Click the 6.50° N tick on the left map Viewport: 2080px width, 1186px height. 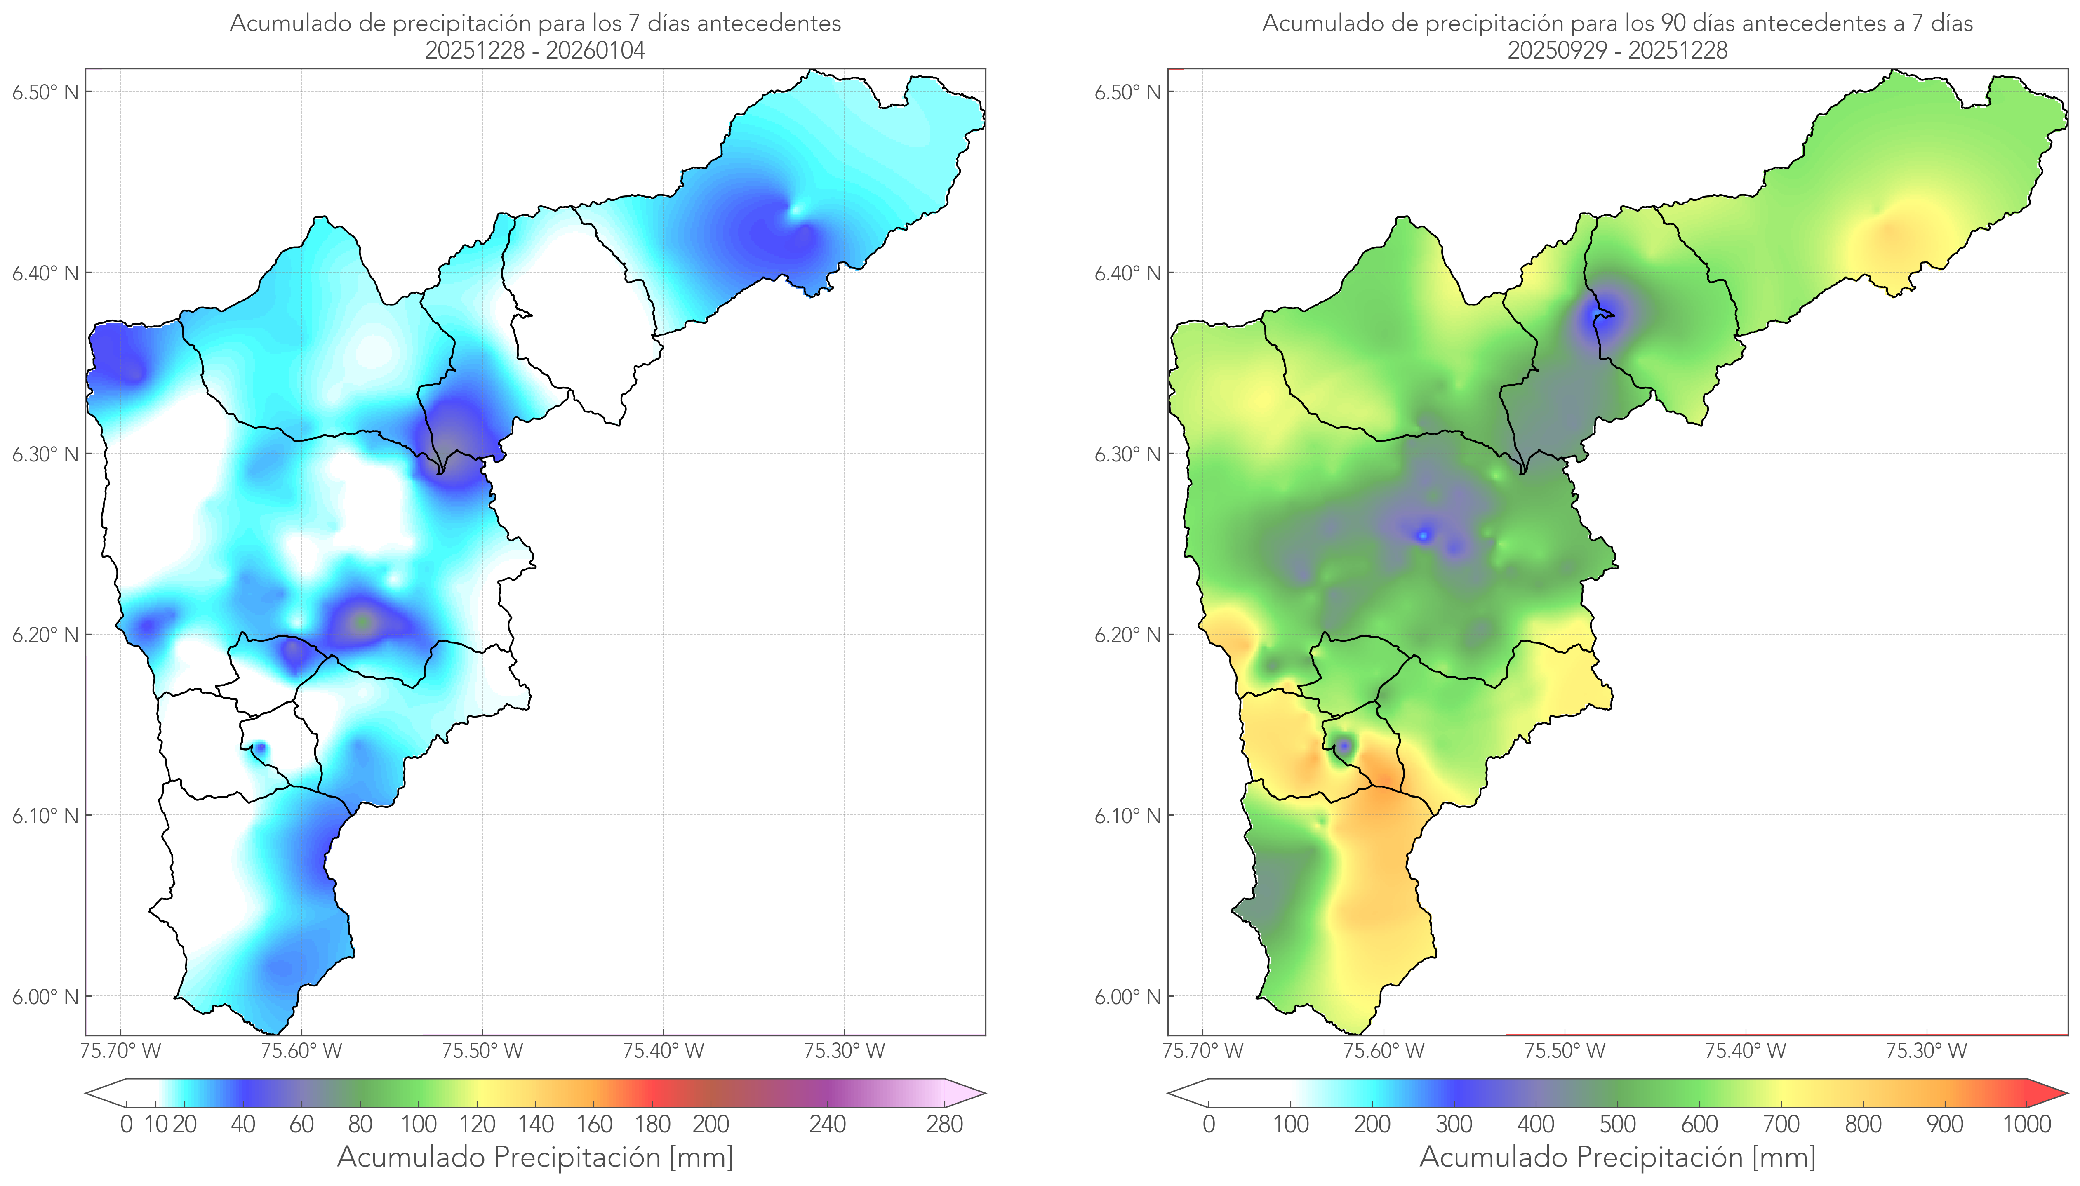pyautogui.click(x=46, y=92)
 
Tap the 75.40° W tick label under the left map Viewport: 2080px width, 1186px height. pyautogui.click(x=663, y=1051)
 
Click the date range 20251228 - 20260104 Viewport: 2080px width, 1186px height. pyautogui.click(x=535, y=50)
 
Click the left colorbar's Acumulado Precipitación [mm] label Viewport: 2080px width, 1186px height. pyautogui.click(x=535, y=1158)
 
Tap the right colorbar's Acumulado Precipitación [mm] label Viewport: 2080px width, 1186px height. pyautogui.click(x=1617, y=1158)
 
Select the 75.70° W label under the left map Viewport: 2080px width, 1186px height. pyautogui.click(x=121, y=1051)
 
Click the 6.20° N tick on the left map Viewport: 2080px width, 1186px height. pyautogui.click(x=46, y=635)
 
